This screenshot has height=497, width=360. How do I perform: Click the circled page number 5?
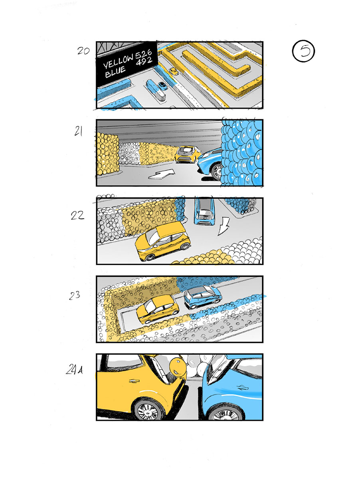pyautogui.click(x=304, y=51)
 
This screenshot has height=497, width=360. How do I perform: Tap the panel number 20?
pyautogui.click(x=83, y=51)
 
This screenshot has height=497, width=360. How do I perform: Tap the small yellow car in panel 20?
pyautogui.click(x=174, y=71)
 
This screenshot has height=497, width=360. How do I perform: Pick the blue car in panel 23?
pyautogui.click(x=202, y=297)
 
